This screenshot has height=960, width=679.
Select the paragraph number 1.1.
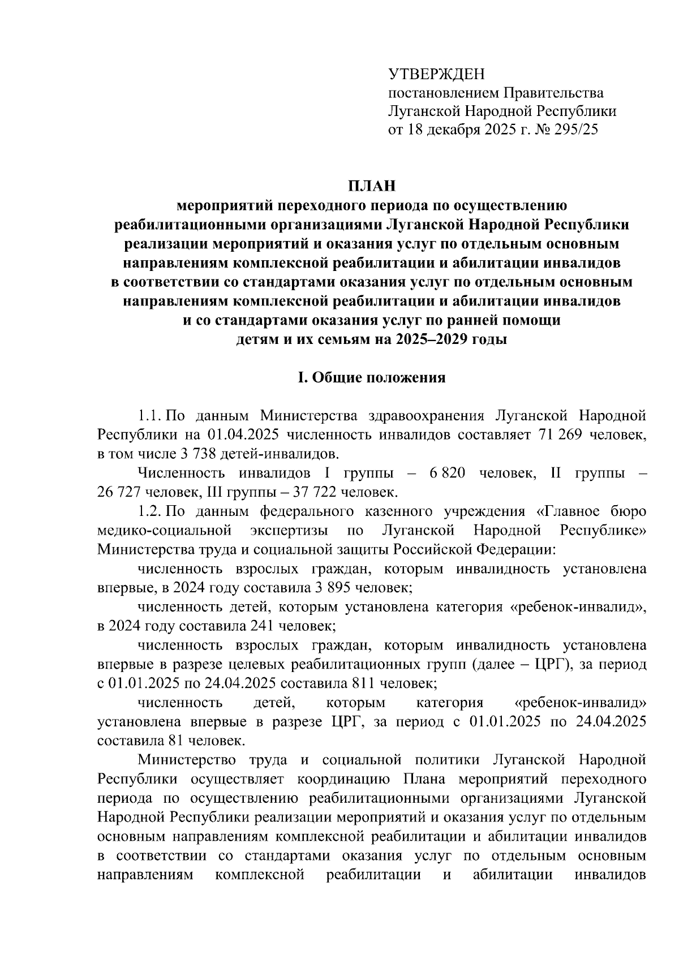149,416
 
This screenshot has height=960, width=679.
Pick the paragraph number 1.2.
149,511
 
